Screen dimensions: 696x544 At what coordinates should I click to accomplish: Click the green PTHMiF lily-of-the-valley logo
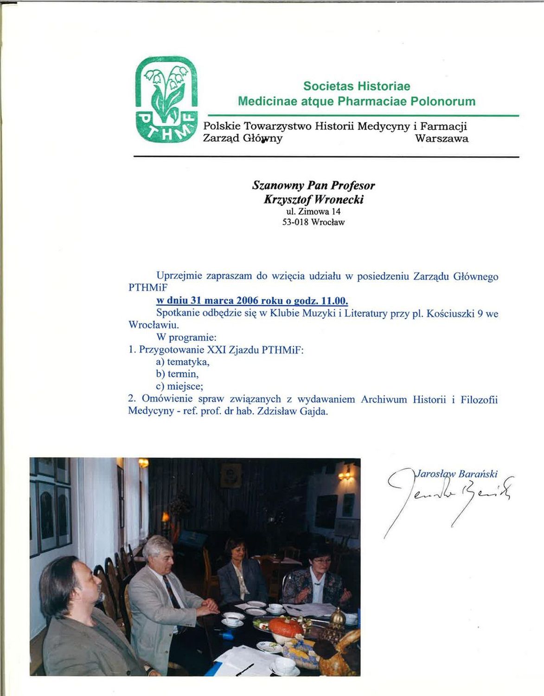pos(166,100)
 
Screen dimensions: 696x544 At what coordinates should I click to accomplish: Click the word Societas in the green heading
pos(325,86)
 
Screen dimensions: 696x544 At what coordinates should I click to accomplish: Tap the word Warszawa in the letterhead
pos(441,138)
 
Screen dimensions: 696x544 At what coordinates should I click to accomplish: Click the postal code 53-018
pos(295,222)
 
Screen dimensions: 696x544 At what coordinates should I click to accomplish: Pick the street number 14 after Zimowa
pos(336,212)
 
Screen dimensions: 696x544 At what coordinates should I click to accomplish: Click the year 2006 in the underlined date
pos(247,301)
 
